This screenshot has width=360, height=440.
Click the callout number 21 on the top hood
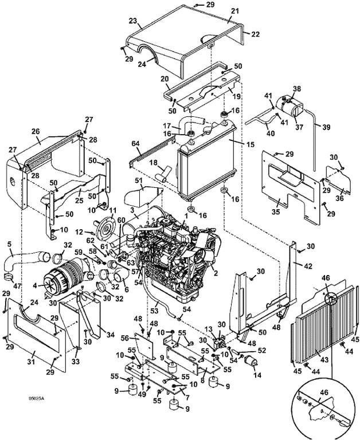[x=235, y=11]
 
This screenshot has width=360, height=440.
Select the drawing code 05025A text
[x=37, y=398]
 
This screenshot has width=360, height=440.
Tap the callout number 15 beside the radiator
[x=251, y=144]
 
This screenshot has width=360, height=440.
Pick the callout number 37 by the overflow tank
[x=299, y=127]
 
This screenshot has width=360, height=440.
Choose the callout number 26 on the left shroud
[x=36, y=131]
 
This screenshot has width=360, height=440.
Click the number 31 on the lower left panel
[x=31, y=362]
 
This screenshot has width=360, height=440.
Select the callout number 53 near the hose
[x=154, y=311]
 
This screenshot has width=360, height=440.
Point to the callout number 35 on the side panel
[x=276, y=211]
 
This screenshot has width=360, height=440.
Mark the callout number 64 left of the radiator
[x=136, y=144]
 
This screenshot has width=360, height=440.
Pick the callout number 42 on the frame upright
[x=308, y=266]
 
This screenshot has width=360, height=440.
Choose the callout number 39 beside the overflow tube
[x=326, y=127]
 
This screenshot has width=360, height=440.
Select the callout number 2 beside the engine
[x=216, y=273]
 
